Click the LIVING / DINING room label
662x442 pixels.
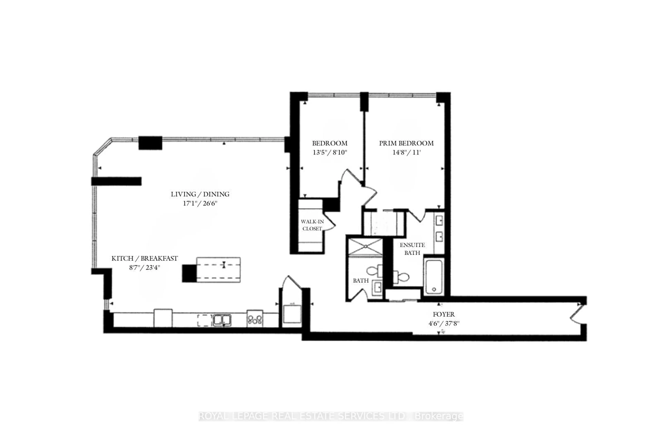200,194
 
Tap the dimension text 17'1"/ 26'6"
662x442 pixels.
200,203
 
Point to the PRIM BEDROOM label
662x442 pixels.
406,143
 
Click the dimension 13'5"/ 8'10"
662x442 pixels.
330,153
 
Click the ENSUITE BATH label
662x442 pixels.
412,249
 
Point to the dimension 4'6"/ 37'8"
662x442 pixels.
444,323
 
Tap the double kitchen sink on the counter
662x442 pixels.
222,320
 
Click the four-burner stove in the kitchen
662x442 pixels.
255,319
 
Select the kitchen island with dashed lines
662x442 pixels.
218,270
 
